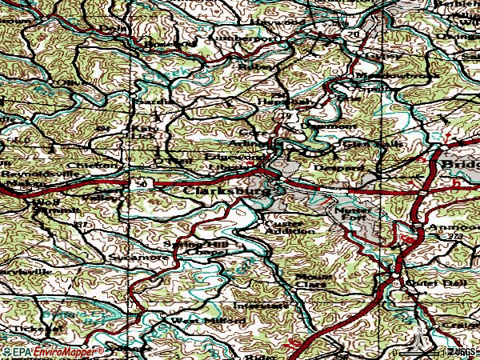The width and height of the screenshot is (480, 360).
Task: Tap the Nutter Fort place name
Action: click(352, 211)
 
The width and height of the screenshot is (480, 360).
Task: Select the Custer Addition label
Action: click(283, 226)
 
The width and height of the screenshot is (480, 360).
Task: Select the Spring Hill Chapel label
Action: click(195, 246)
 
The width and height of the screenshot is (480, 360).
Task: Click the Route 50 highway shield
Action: click(142, 184)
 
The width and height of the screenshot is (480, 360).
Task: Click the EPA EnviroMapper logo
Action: click(53, 352)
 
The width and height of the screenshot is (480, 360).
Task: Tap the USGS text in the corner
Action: click(459, 352)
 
